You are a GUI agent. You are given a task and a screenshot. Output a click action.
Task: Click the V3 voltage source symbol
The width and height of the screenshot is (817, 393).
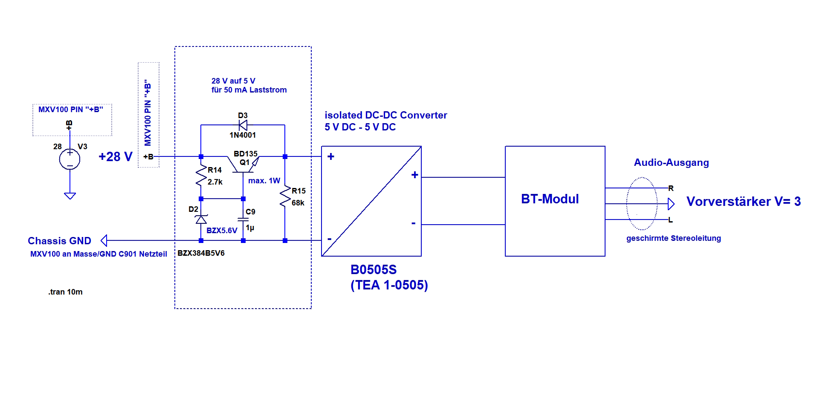point(70,159)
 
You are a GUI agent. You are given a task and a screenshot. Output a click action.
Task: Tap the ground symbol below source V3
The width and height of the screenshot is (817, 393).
point(70,196)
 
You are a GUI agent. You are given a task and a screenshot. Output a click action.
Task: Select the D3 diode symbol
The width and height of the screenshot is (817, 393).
point(243,125)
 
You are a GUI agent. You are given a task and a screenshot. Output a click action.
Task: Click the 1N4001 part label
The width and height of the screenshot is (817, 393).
point(243,135)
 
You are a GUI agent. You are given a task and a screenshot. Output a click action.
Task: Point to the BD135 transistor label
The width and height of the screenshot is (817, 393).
point(246,154)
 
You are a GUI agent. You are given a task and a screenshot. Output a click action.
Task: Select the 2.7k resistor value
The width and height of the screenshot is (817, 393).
point(215,182)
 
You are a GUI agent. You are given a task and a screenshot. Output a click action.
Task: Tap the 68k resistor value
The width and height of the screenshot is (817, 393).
point(298,203)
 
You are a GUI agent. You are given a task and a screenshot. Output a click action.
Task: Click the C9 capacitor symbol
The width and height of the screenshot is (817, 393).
point(243,220)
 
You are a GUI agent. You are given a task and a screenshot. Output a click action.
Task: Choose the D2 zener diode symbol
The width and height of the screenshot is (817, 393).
point(201,219)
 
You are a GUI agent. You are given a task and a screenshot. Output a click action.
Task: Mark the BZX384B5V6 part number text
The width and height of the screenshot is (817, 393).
point(201,253)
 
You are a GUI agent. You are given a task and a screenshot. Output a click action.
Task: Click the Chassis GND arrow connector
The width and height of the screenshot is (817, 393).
point(104,241)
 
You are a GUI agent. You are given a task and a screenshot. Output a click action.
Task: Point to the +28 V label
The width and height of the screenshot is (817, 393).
point(116,157)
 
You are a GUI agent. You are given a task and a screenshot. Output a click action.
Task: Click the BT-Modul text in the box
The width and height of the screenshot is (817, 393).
point(550,199)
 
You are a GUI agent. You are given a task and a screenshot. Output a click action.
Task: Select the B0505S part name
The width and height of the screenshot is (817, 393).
point(374,270)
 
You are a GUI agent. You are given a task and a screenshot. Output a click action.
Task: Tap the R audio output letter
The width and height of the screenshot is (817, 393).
point(671,188)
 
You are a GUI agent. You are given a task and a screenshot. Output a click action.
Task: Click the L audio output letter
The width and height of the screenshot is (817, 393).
point(670,220)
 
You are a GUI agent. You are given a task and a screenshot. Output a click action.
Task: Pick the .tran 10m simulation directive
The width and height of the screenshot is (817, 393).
point(65,292)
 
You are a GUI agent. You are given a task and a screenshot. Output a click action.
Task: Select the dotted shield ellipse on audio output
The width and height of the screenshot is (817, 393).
point(642,204)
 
